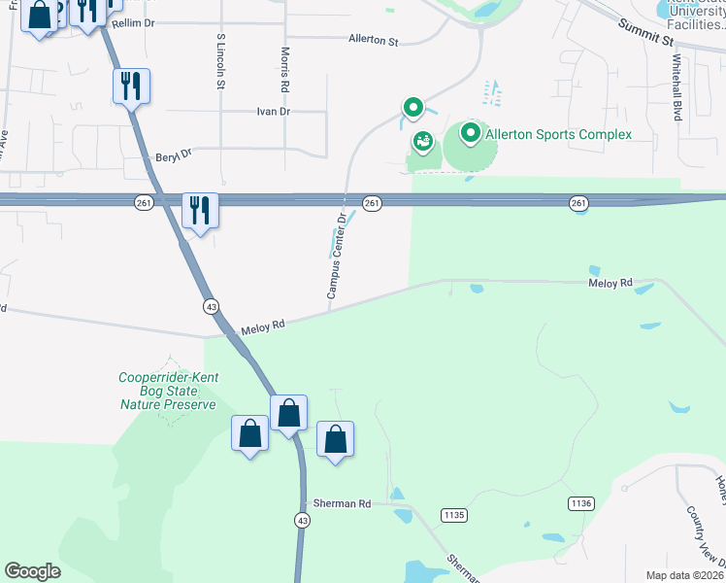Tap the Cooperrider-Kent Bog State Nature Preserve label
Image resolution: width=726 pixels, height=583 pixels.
pyautogui.click(x=168, y=391)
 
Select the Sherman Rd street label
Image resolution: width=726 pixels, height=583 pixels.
pyautogui.click(x=342, y=503)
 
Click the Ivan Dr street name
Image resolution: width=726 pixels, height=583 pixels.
pyautogui.click(x=273, y=112)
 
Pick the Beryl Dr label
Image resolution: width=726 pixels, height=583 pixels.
pyautogui.click(x=174, y=154)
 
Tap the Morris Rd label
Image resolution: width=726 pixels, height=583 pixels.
pyautogui.click(x=285, y=69)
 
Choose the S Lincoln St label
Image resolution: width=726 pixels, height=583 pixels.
pyautogui.click(x=221, y=61)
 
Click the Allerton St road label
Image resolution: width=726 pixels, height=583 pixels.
pyautogui.click(x=374, y=41)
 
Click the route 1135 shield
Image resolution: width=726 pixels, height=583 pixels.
pyautogui.click(x=453, y=513)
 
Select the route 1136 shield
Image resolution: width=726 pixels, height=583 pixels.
pyautogui.click(x=580, y=502)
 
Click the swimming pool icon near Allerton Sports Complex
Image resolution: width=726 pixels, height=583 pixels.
pyautogui.click(x=422, y=143)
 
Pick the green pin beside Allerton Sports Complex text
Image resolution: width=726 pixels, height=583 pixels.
pyautogui.click(x=471, y=132)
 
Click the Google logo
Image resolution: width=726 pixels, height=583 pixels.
pyautogui.click(x=33, y=571)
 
